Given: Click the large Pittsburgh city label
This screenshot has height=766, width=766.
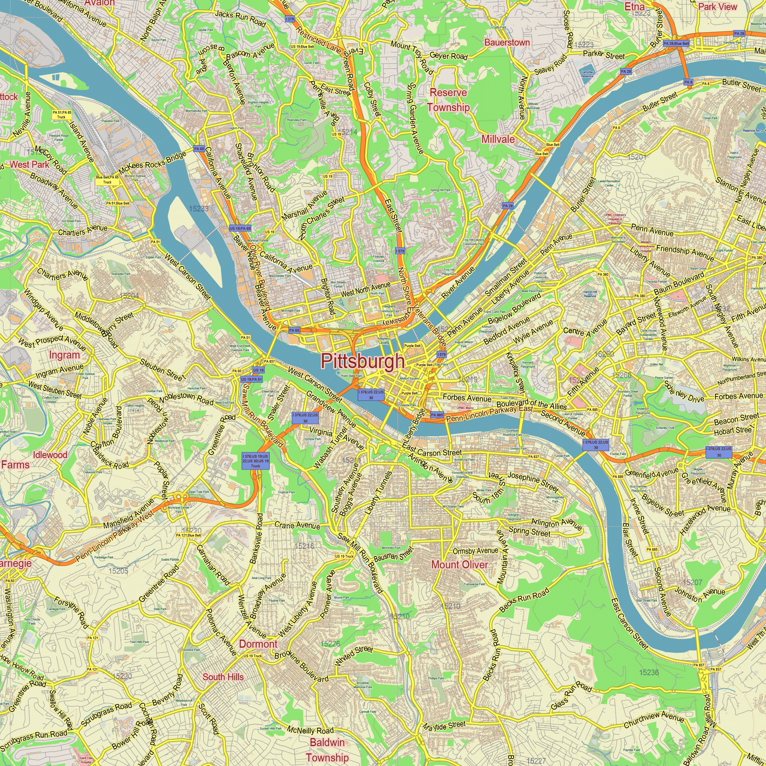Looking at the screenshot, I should (362, 361).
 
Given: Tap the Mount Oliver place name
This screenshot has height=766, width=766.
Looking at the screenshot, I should (459, 565).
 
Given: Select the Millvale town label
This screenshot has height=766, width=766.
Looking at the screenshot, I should (498, 139).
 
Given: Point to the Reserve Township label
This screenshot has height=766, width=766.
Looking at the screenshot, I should (448, 100).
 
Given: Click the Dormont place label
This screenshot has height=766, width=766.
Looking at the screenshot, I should (258, 644).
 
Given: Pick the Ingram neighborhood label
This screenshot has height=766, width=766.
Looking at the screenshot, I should (64, 355).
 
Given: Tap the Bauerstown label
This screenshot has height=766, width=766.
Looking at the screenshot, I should (507, 43).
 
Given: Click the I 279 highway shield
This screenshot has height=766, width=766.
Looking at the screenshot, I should (290, 19).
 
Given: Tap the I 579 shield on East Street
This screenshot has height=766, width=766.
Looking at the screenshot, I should (400, 251).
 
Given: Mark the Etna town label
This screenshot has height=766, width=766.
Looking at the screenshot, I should (634, 7).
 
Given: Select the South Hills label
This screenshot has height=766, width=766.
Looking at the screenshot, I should (223, 677).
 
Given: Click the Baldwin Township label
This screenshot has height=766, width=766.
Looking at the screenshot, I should (327, 750).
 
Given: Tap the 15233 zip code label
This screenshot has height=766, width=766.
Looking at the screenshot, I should (199, 209).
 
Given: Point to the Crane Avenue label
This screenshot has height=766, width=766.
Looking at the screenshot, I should (297, 525).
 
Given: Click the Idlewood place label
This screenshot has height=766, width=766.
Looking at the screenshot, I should (50, 455).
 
